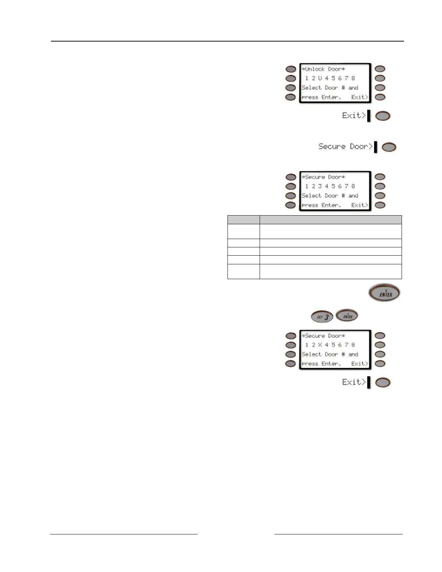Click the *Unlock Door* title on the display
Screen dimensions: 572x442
(323, 69)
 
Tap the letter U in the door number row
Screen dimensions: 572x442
(320, 78)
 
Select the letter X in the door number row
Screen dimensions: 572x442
(320, 345)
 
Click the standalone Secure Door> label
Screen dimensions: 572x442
(345, 147)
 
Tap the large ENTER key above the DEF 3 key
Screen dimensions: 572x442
(385, 293)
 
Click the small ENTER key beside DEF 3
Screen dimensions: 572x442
(347, 316)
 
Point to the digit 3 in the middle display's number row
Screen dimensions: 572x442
(320, 186)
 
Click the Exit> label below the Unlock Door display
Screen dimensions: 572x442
(354, 116)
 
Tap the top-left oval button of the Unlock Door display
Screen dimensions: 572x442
(291, 69)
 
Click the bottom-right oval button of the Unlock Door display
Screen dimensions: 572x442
(380, 97)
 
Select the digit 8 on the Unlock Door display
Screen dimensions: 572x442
(353, 78)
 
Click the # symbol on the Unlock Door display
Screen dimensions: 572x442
(343, 88)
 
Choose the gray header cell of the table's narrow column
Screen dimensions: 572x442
(243, 220)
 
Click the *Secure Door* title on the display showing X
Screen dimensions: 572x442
(323, 336)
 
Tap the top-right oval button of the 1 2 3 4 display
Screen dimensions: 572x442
(380, 177)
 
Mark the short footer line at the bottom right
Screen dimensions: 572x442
(338, 534)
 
